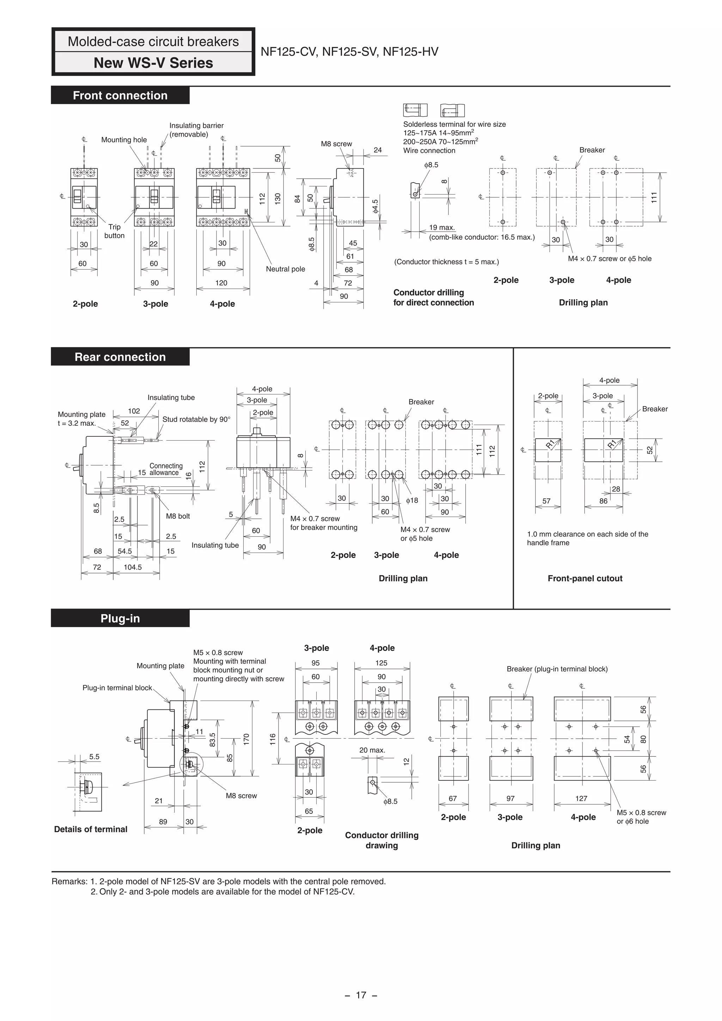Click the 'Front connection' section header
coord(120,96)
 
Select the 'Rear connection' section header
coord(120,357)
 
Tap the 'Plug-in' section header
coord(120,619)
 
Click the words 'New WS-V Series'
coord(153,63)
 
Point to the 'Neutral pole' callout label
coord(285,269)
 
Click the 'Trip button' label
coord(114,231)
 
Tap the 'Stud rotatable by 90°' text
coord(196,419)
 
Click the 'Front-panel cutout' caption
coord(585,579)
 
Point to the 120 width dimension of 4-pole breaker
coord(221,283)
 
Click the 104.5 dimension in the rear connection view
coord(133,567)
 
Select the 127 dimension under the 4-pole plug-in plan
coord(581,799)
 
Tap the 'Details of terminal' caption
coord(90,829)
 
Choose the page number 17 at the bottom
coord(361,995)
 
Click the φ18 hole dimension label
coord(412,500)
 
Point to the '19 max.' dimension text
coord(442,228)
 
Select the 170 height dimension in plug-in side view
coord(246,739)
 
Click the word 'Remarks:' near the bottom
coord(69,881)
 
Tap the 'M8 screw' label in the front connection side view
coord(336,144)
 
